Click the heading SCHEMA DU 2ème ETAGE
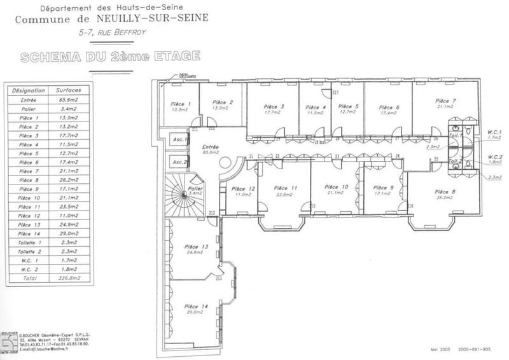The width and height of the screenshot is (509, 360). pyautogui.click(x=110, y=57)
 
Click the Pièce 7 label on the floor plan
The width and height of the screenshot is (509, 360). pyautogui.click(x=445, y=101)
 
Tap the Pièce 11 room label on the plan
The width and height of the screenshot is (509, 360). pyautogui.click(x=285, y=188)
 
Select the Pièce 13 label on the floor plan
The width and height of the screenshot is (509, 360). pyautogui.click(x=196, y=246)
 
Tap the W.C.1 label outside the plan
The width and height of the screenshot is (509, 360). pyautogui.click(x=494, y=132)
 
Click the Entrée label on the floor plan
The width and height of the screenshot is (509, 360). pyautogui.click(x=210, y=146)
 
